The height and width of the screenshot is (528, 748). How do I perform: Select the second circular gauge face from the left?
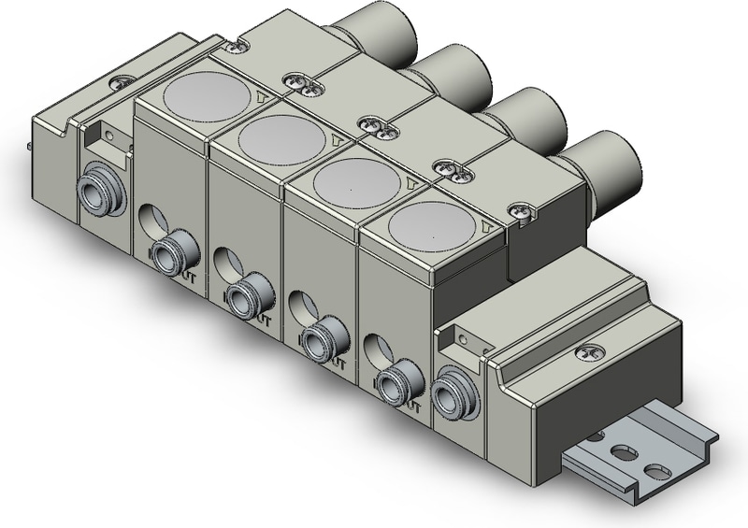pyautogui.click(x=276, y=138)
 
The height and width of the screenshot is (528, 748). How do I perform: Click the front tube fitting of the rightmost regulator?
pyautogui.click(x=398, y=383)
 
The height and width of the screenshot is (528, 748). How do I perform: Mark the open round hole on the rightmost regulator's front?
pyautogui.click(x=377, y=350)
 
